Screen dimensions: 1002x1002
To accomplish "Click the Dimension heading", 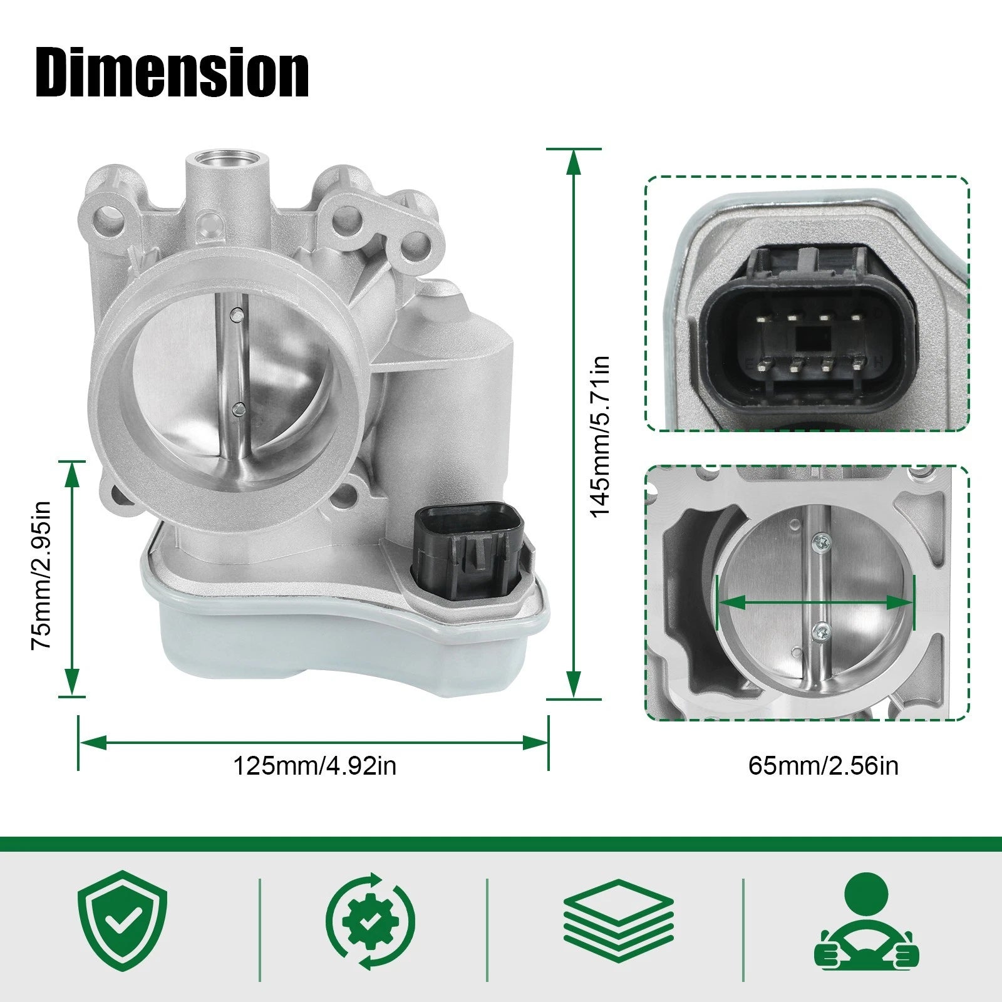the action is point(172,74).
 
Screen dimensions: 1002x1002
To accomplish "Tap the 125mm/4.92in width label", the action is point(314,766).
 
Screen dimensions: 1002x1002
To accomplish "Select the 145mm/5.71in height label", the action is point(601,436).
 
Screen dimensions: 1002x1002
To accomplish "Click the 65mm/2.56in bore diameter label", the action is point(823,766).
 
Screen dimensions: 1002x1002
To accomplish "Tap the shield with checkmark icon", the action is point(123,921).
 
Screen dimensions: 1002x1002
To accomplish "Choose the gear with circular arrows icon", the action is point(370,921).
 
